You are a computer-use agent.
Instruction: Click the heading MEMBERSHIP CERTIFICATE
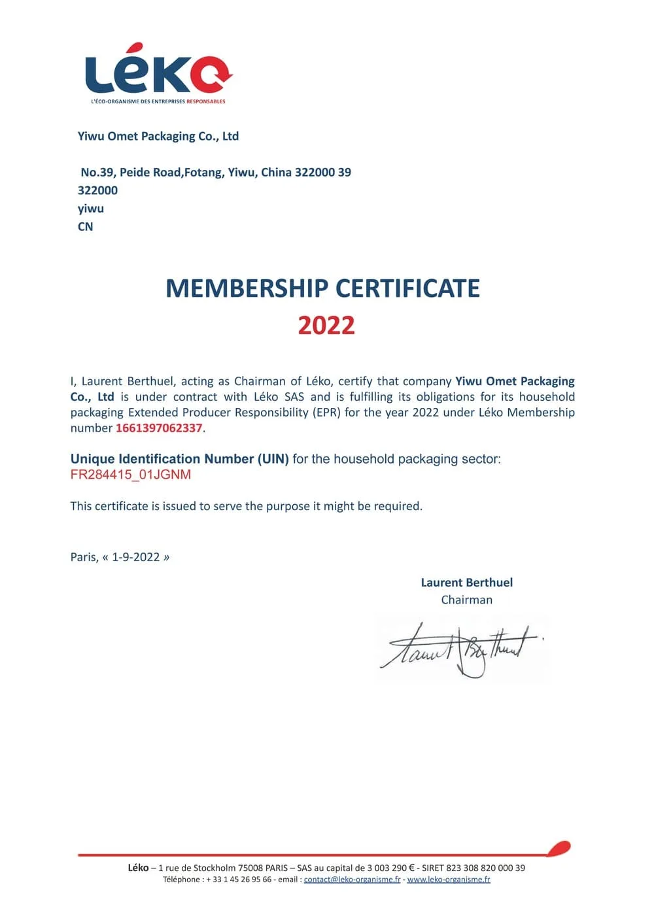pyautogui.click(x=322, y=288)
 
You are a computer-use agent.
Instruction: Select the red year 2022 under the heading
pyautogui.click(x=326, y=325)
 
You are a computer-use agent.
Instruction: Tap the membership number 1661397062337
pyautogui.click(x=159, y=428)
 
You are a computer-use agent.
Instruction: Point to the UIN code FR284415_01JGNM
pyautogui.click(x=131, y=475)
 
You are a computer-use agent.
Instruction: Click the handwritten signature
pyautogui.click(x=461, y=649)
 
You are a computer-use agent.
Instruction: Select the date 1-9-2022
pyautogui.click(x=136, y=557)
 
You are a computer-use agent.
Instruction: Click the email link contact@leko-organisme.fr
pyautogui.click(x=352, y=879)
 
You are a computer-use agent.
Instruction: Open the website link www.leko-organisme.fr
pyautogui.click(x=449, y=879)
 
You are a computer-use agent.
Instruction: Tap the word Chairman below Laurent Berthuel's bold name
pyautogui.click(x=466, y=600)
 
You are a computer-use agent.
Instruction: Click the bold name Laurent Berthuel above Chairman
pyautogui.click(x=466, y=583)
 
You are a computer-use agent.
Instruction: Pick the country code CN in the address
pyautogui.click(x=86, y=227)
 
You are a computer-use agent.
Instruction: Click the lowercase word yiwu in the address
pyautogui.click(x=91, y=209)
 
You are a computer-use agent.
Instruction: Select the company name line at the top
pyautogui.click(x=158, y=136)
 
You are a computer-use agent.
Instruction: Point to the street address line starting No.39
pyautogui.click(x=216, y=173)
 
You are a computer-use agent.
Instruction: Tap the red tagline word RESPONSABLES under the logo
pyautogui.click(x=206, y=101)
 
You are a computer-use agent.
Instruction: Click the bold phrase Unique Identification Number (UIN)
pyautogui.click(x=179, y=459)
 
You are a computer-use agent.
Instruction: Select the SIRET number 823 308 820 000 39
pyautogui.click(x=485, y=868)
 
